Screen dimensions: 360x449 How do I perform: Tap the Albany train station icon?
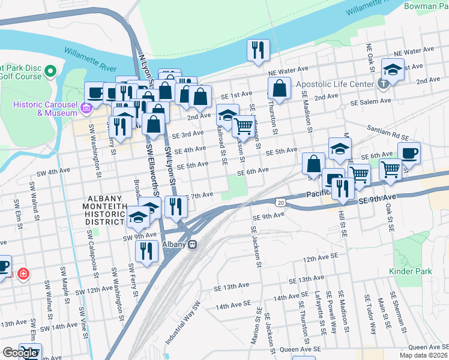pos(193,244)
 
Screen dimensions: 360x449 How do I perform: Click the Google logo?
pos(19,353)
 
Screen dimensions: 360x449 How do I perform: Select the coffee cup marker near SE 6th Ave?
pos(409,153)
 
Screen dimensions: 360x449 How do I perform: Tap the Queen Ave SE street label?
pos(428,347)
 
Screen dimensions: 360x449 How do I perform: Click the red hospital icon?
pos(23,274)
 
